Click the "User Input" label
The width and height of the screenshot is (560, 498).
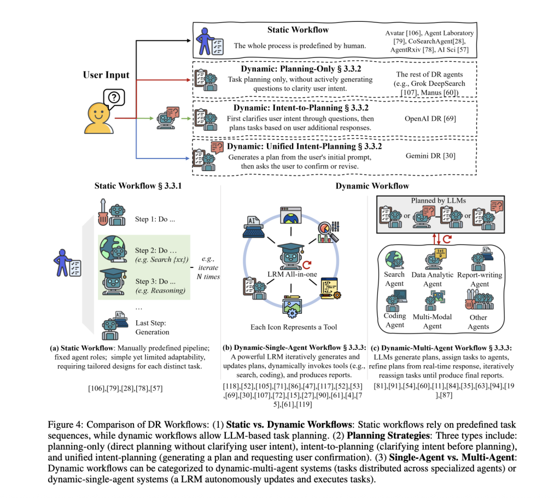(106, 74)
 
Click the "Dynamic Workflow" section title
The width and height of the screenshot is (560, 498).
(372, 186)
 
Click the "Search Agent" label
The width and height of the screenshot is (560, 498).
(394, 279)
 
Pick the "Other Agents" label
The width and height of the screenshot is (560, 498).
(479, 322)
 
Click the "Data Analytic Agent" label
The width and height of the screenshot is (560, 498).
(433, 279)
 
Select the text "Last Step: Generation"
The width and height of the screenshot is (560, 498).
(153, 327)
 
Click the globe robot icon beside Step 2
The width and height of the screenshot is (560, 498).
(114, 249)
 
